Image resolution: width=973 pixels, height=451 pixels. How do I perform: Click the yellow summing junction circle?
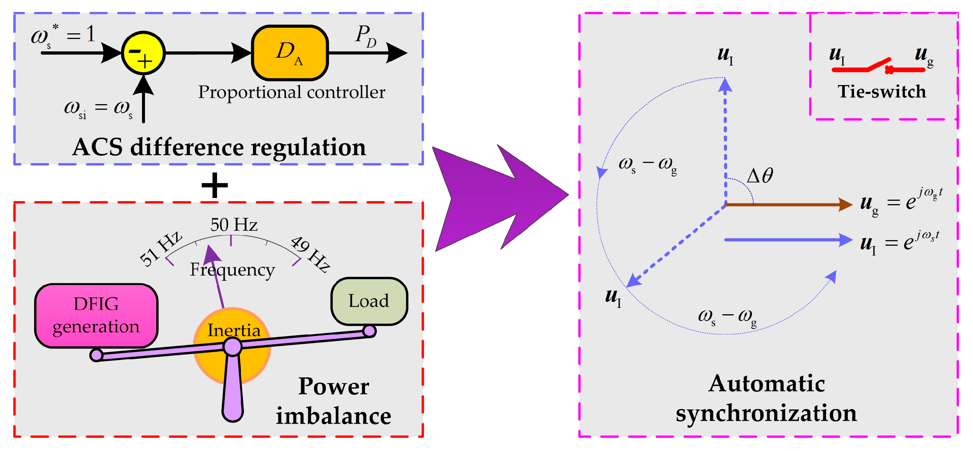143,53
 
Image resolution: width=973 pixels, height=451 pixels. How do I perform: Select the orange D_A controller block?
290,53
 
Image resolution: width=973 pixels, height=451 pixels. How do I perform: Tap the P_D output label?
366,36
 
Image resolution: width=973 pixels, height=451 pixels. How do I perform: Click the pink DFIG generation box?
96,315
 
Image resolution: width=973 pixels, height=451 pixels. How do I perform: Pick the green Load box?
369,301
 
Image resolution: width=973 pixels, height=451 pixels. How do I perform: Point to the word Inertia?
234,330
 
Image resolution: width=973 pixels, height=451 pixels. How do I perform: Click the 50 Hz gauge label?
234,225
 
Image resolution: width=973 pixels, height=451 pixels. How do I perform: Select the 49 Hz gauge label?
311,254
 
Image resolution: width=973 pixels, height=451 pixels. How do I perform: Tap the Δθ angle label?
759,175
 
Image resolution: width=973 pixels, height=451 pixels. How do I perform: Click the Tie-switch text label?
882,92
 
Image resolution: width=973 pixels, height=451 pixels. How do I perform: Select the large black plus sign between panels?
215,185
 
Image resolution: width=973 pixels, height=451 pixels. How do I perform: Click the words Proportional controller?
291,93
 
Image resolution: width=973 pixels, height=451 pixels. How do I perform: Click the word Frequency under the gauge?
232,270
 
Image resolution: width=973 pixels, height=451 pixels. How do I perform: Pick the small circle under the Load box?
369,331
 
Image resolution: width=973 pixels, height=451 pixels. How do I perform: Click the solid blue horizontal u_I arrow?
789,240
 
